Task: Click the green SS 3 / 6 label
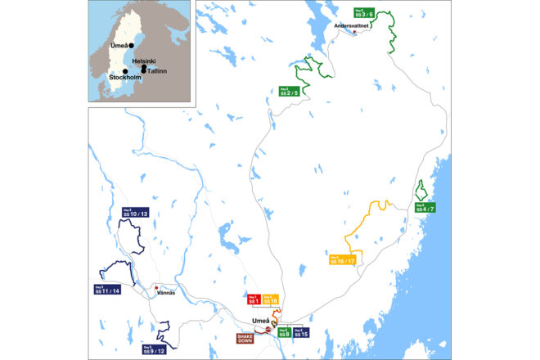tap(365, 13)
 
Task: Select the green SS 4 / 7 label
tap(425, 208)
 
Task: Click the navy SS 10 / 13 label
tap(134, 213)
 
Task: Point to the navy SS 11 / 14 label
tap(108, 290)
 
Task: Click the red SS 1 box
tap(253, 301)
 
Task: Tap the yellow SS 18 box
tap(271, 301)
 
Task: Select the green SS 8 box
tap(283, 332)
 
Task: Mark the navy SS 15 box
tap(301, 332)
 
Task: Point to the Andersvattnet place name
tap(353, 25)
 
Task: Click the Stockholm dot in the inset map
tap(125, 71)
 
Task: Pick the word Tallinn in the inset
tap(156, 70)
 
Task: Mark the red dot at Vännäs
tap(156, 287)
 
